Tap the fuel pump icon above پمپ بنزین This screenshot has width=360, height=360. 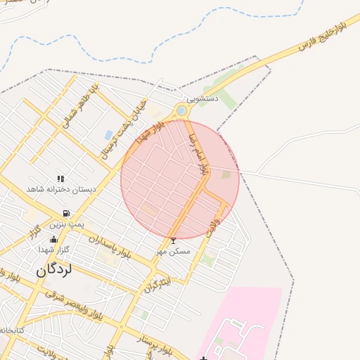(66, 213)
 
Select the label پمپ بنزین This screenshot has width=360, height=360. (66, 224)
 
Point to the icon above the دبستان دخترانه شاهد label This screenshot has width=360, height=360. (60, 179)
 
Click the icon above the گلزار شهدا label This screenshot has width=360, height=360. (54, 240)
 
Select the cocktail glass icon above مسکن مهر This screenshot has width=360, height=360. (174, 240)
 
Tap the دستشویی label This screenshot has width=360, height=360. (202, 99)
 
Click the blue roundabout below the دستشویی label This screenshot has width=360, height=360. (182, 110)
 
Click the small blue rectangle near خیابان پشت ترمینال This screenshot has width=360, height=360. (108, 134)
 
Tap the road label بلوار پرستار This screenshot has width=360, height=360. (152, 345)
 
